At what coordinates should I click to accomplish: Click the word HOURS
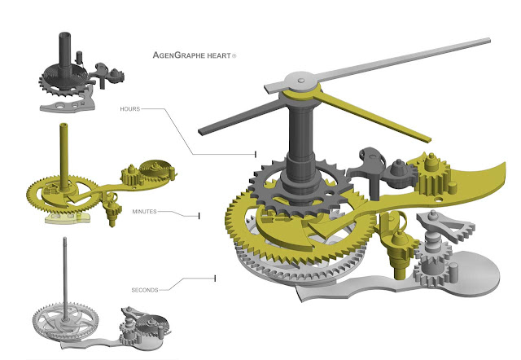pos(132,109)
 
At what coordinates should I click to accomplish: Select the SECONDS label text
pos(147,290)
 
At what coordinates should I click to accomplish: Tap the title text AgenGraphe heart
pos(192,57)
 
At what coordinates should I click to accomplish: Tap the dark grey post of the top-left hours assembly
pos(63,45)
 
